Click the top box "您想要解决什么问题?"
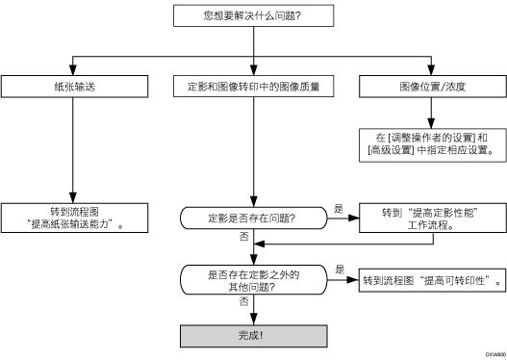coord(252,15)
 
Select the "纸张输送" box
coord(74,87)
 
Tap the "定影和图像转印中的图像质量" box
coord(253,87)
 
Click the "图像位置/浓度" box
coord(431,87)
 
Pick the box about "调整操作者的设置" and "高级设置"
coord(431,143)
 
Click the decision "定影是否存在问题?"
coord(253,219)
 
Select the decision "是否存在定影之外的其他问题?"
coord(253,281)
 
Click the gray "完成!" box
coord(253,338)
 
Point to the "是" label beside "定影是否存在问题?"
coord(338,208)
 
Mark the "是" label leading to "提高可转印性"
coord(342,270)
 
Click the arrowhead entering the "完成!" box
coord(253,321)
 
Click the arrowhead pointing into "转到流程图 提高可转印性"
coord(356,281)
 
